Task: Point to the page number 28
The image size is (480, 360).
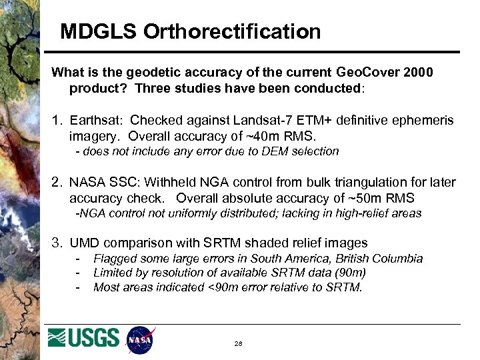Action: tap(237, 343)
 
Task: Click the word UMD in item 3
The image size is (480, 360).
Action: tap(85, 243)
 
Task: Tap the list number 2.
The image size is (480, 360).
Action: tap(57, 183)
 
